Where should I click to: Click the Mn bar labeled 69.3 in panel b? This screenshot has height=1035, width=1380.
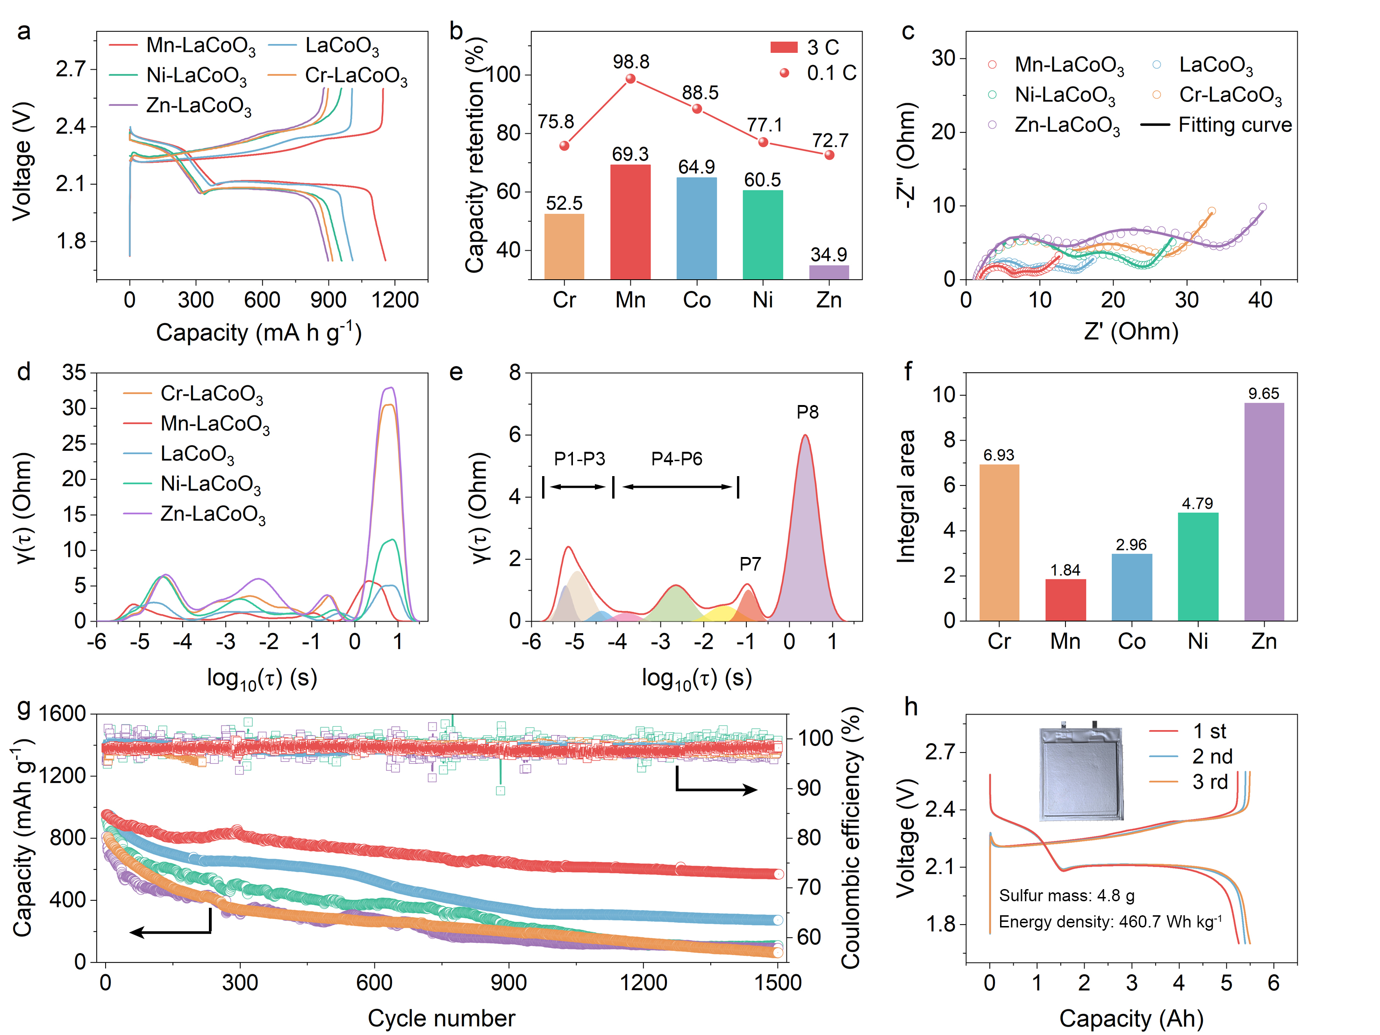630,222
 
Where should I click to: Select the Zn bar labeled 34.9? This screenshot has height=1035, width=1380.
829,272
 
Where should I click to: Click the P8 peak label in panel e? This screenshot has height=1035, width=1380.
807,412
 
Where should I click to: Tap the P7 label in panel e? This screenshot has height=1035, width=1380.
750,565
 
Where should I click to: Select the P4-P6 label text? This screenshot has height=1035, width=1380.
676,459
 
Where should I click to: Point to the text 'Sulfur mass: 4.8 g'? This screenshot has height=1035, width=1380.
1066,896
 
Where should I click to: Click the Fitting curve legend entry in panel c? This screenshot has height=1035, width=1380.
1216,125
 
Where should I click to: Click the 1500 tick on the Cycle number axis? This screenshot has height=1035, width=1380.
777,983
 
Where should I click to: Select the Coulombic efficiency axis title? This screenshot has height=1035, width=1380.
851,838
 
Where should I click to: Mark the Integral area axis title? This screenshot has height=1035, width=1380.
905,496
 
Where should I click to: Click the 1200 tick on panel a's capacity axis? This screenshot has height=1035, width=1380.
395,300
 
